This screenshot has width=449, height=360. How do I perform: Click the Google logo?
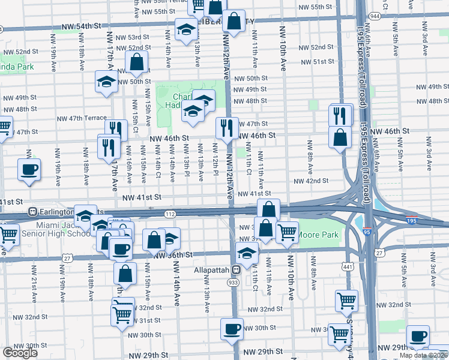[20, 353]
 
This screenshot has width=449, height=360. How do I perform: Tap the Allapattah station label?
[212, 271]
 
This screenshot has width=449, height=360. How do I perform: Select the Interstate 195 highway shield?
[412, 220]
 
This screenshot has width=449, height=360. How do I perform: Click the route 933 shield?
[234, 282]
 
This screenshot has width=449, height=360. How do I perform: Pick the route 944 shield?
[375, 16]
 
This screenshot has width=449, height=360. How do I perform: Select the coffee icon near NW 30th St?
[232, 329]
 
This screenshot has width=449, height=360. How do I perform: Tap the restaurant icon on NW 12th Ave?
[227, 128]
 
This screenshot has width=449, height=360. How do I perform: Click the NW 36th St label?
[173, 255]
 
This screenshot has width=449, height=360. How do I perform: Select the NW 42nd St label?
[311, 181]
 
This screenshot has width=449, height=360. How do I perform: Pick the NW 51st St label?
[317, 62]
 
